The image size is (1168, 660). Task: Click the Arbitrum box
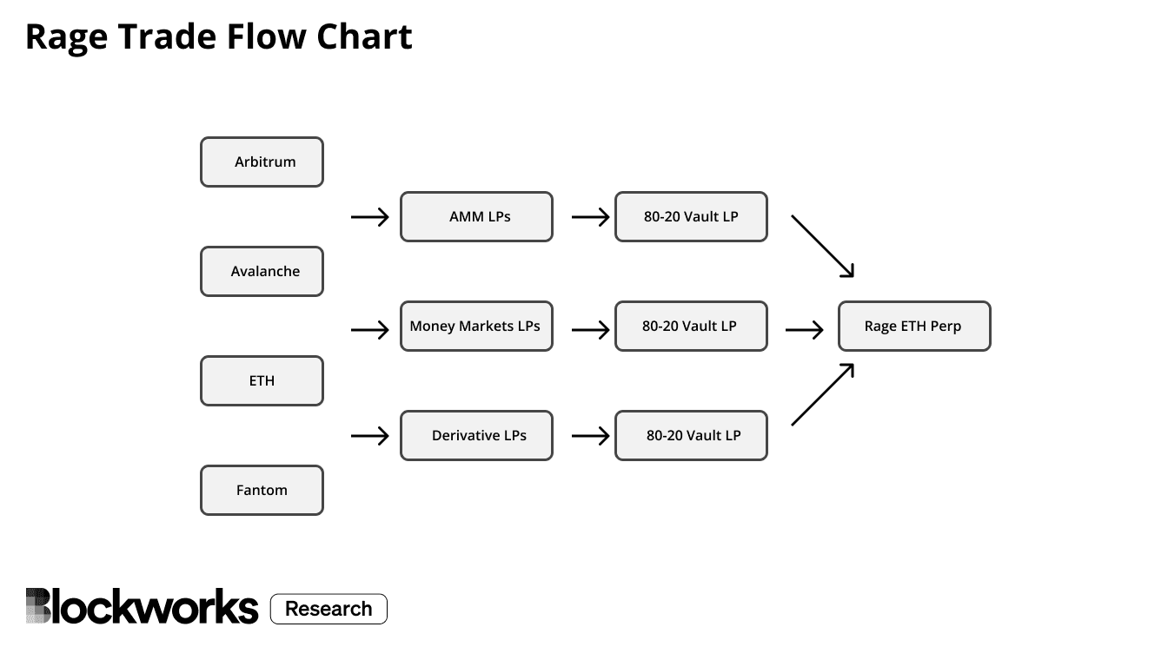pos(262,162)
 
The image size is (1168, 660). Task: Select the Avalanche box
pos(262,272)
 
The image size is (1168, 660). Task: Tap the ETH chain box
pos(262,380)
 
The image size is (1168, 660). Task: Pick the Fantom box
pos(262,490)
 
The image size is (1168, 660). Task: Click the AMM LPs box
pos(476,217)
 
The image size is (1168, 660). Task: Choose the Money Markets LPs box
pos(476,327)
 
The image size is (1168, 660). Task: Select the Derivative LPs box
pos(476,436)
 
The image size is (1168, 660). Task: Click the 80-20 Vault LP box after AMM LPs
pos(691,217)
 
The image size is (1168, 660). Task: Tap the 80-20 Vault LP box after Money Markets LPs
pos(691,327)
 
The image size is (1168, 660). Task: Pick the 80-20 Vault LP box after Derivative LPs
pos(691,436)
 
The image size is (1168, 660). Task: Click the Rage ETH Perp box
pos(914,327)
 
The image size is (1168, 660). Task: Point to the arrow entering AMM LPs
pos(369,217)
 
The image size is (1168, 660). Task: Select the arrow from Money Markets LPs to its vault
pos(591,330)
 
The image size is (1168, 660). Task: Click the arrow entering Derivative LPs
pos(369,436)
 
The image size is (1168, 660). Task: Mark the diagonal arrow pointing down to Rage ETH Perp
pos(822,247)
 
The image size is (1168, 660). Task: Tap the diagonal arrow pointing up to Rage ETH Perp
pos(822,395)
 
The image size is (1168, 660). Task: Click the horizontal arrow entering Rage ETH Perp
pos(804,330)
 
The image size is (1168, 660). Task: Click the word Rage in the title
pos(65,37)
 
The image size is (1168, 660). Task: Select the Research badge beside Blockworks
pos(328,609)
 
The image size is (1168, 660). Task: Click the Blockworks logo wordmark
pos(142,607)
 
